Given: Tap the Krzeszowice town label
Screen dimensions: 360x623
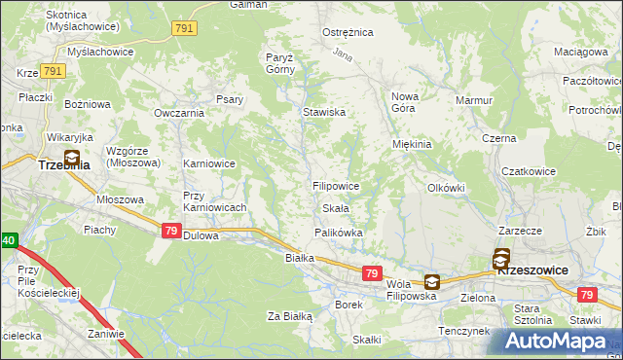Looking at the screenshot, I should click(x=532, y=271).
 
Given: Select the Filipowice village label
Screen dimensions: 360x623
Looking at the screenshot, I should click(x=337, y=185).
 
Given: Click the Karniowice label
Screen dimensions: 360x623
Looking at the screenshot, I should click(x=209, y=163).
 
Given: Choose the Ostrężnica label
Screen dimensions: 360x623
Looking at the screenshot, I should click(x=348, y=32).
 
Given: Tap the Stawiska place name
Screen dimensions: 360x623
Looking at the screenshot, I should click(x=324, y=112).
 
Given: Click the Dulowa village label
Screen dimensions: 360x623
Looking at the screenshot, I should click(x=201, y=235).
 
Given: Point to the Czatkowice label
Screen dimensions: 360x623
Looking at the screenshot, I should click(x=529, y=171).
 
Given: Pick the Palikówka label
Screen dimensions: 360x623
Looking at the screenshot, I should click(x=339, y=233).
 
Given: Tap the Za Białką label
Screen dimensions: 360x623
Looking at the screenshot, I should click(x=289, y=316).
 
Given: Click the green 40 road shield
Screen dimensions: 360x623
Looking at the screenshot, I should click(x=8, y=240).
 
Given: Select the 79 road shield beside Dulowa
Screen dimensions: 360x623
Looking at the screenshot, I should click(x=170, y=231).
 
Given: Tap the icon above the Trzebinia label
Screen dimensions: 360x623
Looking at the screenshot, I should click(x=72, y=156).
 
